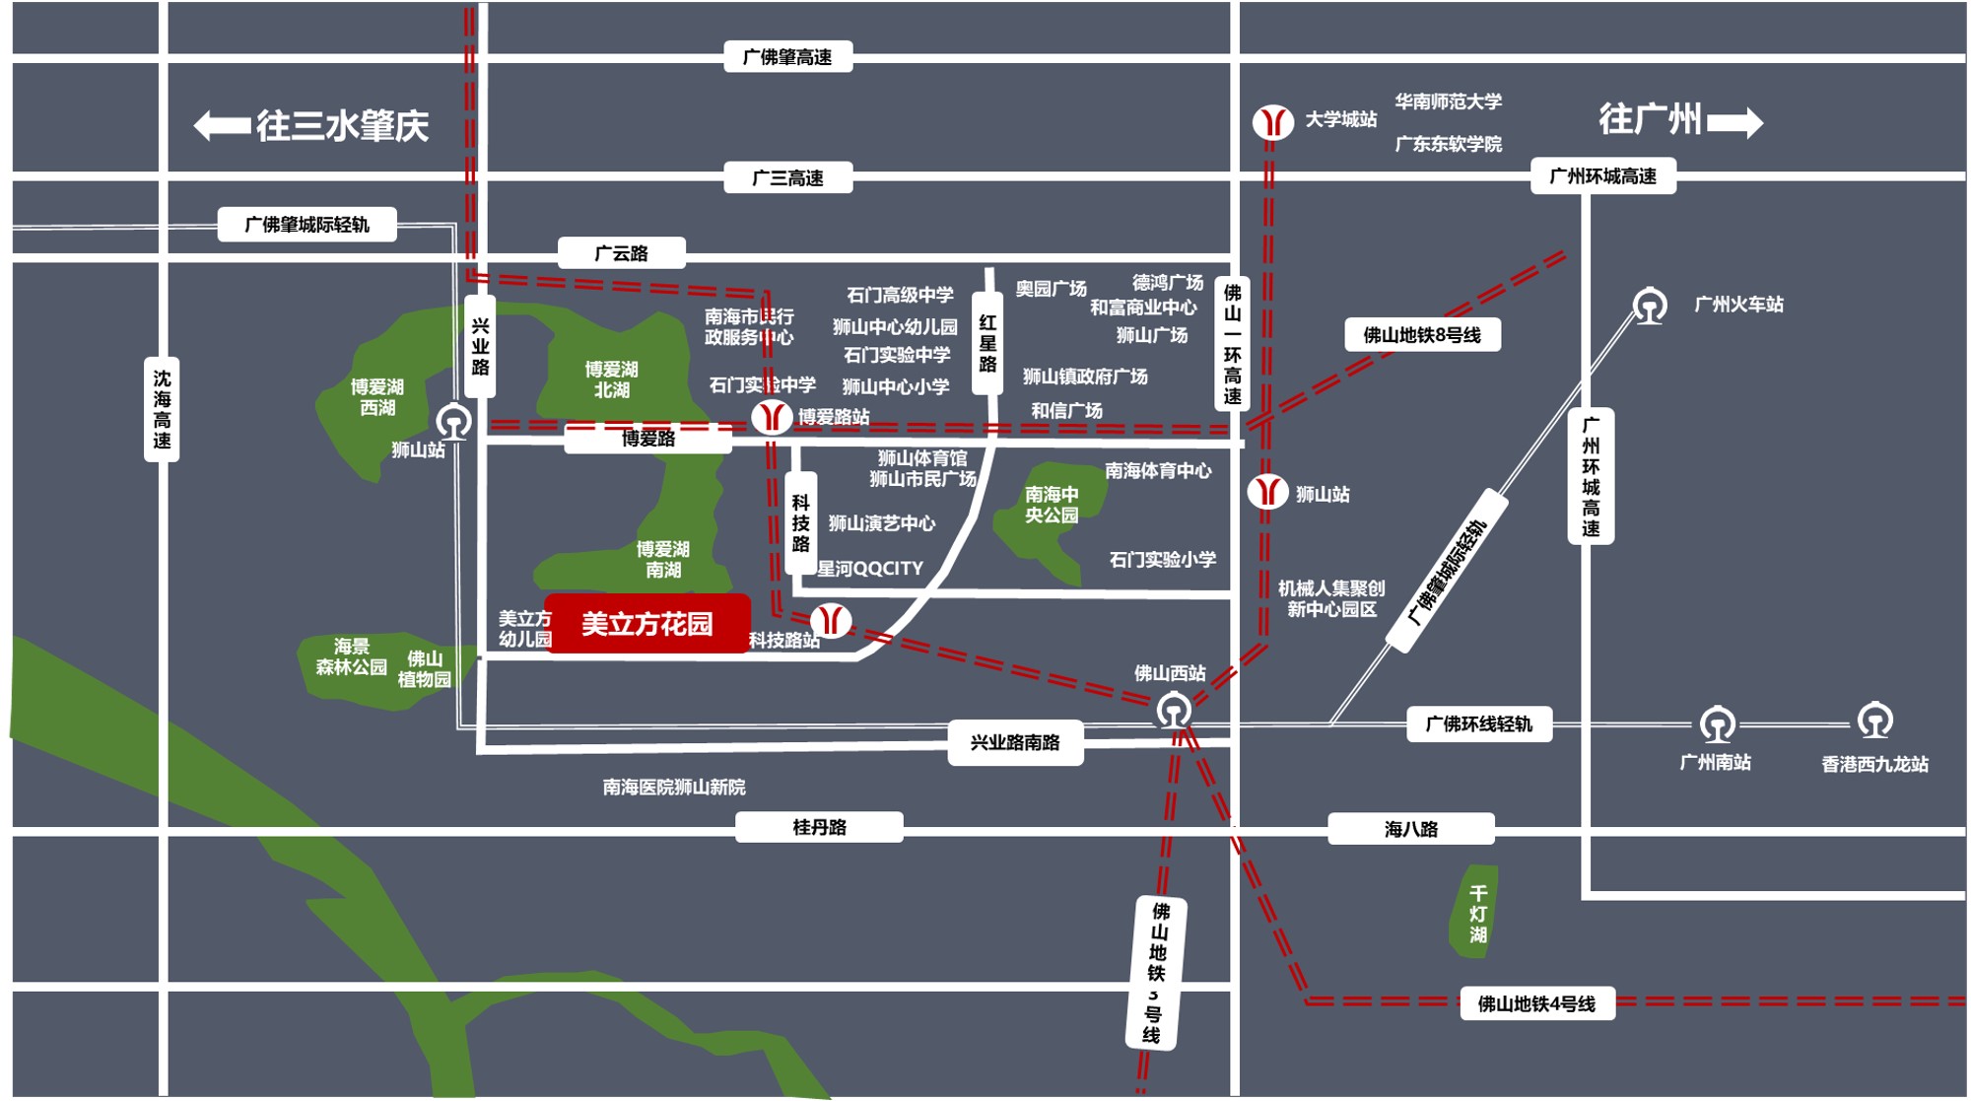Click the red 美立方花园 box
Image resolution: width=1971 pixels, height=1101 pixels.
[647, 624]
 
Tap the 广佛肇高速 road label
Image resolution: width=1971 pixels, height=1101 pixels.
[787, 57]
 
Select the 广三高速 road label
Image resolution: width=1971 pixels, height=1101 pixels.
[787, 178]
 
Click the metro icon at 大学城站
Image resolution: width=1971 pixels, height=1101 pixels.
[1272, 122]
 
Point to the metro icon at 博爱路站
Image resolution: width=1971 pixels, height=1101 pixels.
[772, 417]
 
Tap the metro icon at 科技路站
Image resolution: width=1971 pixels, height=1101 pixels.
[831, 620]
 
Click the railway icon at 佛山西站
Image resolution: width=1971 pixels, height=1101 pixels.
[1173, 711]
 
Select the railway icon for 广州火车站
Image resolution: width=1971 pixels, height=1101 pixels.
[1650, 306]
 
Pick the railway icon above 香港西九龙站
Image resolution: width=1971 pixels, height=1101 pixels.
[1874, 722]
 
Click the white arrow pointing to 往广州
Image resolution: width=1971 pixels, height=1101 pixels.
[1735, 122]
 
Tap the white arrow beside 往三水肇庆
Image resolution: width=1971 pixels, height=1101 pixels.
[222, 125]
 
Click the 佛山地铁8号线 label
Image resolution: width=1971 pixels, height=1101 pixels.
[1422, 335]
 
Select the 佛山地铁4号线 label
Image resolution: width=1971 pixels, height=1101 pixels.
[1535, 1004]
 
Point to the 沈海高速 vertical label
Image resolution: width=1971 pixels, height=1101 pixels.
[162, 409]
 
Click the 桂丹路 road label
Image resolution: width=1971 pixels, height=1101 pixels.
[819, 827]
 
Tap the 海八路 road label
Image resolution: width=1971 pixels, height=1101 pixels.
[1410, 829]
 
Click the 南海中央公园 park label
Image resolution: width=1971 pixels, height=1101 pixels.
[1052, 504]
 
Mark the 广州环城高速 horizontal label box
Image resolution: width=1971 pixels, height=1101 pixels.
[1602, 176]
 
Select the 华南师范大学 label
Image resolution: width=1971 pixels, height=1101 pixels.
[1448, 102]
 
